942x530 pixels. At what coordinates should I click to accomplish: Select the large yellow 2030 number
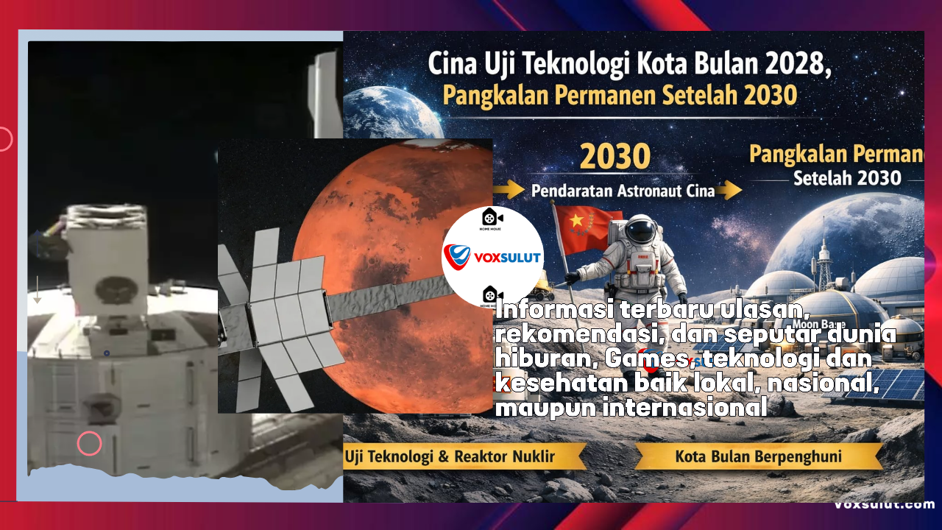pos(616,157)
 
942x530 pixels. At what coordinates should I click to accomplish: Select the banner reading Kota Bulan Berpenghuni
pos(758,456)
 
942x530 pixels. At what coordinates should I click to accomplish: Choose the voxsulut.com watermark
pos(884,504)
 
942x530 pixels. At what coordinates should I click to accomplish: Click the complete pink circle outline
pos(89,443)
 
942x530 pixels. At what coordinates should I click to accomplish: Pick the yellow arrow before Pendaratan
pos(509,191)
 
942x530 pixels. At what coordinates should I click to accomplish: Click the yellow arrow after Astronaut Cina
pos(730,191)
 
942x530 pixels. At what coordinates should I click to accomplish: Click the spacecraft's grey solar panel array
pos(280,317)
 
